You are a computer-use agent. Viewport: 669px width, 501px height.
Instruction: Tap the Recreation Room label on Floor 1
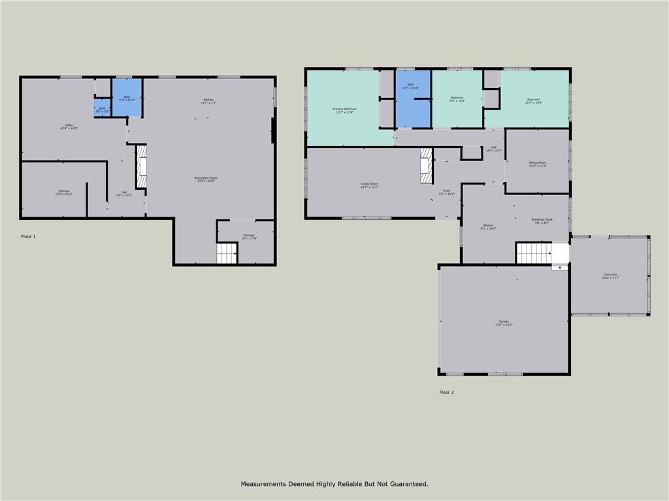[206, 179]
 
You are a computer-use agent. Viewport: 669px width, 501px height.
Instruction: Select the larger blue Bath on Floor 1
[127, 98]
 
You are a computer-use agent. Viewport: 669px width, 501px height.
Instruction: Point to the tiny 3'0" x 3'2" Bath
[102, 110]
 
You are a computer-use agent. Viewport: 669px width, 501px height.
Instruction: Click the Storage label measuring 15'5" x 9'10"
[63, 192]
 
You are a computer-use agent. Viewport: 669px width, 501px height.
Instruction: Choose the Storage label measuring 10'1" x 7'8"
[249, 236]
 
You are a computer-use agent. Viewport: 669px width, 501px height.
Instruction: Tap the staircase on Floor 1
[227, 253]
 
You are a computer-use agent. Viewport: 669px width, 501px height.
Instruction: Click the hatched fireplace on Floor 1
[141, 166]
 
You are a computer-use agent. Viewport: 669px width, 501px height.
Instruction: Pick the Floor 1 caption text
[28, 236]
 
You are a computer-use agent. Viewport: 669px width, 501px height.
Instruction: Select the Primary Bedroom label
[344, 110]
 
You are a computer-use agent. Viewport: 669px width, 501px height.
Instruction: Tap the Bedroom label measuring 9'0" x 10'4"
[457, 99]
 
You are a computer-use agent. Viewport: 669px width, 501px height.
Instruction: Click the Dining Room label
[538, 164]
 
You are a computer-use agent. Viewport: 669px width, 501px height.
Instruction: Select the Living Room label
[369, 185]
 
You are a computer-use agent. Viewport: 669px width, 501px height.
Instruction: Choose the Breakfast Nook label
[542, 220]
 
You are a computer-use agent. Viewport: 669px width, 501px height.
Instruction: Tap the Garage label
[504, 323]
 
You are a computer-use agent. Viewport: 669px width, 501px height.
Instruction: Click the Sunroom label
[610, 276]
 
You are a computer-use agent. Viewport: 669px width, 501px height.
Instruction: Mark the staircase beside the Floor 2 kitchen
[534, 253]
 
